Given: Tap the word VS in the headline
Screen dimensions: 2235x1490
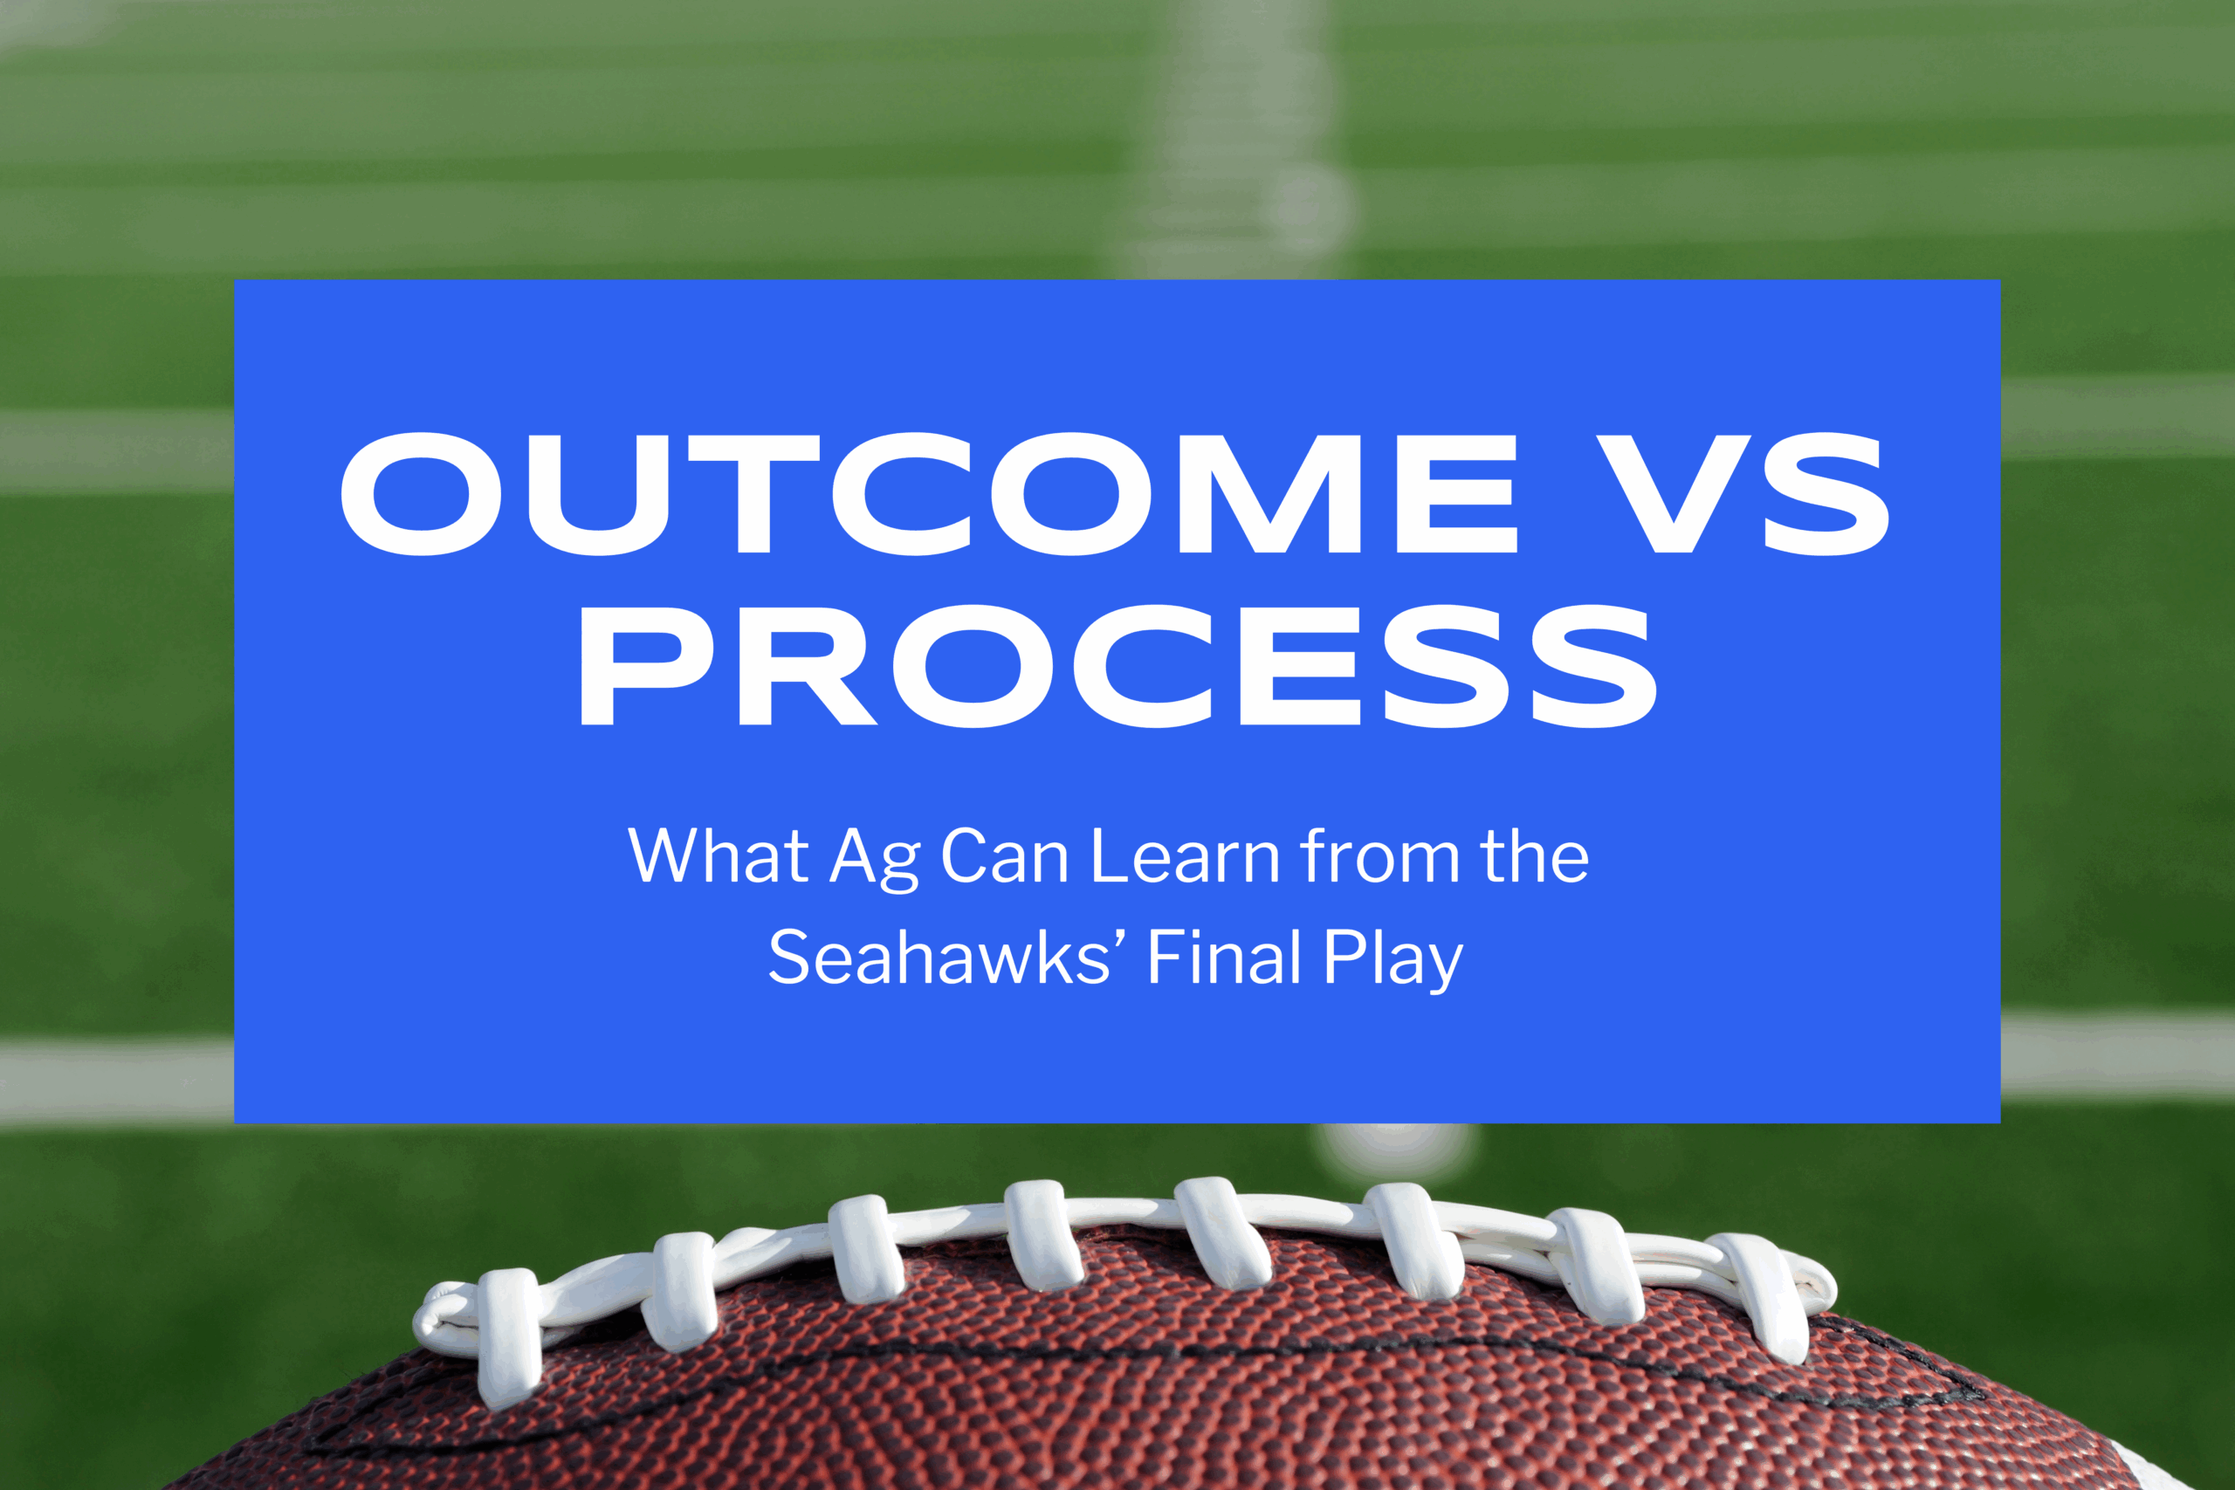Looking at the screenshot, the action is pyautogui.click(x=1743, y=493).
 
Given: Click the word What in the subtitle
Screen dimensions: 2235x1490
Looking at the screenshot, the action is pyautogui.click(x=719, y=855).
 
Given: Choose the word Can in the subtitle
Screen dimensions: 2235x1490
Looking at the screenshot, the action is pyautogui.click(x=1004, y=855).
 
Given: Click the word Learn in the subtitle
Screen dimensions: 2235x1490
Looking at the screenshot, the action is pyautogui.click(x=1186, y=855).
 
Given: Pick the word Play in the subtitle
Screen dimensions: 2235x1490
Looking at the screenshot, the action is pyautogui.click(x=1393, y=960).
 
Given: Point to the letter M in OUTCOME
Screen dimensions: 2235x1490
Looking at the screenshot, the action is pyautogui.click(x=1270, y=493).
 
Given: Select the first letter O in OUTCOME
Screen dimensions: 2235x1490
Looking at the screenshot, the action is pyautogui.click(x=420, y=493).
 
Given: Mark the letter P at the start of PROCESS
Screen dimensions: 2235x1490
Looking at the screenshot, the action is pyautogui.click(x=646, y=665).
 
